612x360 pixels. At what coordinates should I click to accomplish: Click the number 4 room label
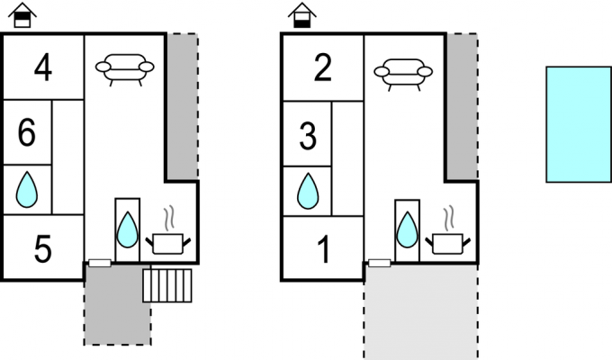click(43, 67)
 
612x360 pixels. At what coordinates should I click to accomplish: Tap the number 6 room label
click(26, 133)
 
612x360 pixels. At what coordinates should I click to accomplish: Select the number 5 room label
click(43, 248)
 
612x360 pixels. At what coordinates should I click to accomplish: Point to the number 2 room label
click(323, 67)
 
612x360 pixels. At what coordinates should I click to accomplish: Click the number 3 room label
click(308, 136)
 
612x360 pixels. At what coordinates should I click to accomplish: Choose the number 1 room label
click(324, 249)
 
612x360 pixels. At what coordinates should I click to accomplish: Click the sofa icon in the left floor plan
click(125, 69)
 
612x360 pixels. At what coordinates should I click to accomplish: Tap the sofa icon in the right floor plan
click(403, 74)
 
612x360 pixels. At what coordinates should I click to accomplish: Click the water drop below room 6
click(27, 189)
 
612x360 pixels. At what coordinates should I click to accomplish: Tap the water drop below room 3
click(308, 191)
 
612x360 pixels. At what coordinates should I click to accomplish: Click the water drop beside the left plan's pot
click(127, 229)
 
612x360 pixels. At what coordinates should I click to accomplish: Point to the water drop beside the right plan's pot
click(407, 229)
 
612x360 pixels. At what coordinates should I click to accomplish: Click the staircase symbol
click(167, 285)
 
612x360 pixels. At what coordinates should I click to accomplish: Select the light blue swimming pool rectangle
click(579, 124)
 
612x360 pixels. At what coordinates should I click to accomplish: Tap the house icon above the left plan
click(22, 15)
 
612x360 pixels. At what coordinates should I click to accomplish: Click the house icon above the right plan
click(302, 15)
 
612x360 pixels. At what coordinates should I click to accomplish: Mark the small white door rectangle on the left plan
click(100, 263)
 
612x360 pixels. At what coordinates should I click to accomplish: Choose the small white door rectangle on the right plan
click(380, 263)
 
